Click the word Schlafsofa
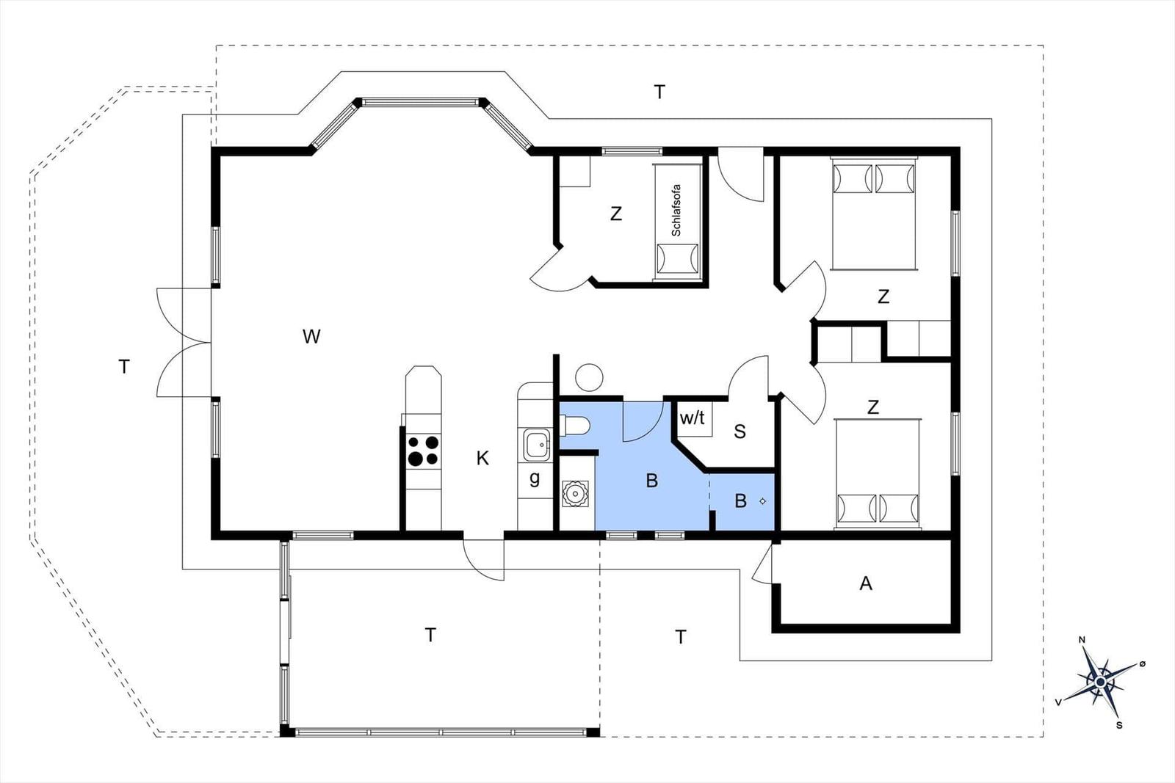[676, 210]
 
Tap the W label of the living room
[311, 337]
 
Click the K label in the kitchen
[482, 458]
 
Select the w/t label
[692, 418]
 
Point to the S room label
[740, 431]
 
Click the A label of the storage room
[866, 583]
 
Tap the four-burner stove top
[423, 451]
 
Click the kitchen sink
[535, 445]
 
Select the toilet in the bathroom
[575, 425]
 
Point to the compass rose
[1100, 682]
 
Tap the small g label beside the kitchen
[535, 478]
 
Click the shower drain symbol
[763, 501]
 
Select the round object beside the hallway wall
[589, 377]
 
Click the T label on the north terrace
[659, 92]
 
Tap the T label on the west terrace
[124, 367]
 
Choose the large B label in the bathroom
[652, 481]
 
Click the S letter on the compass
[1119, 725]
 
